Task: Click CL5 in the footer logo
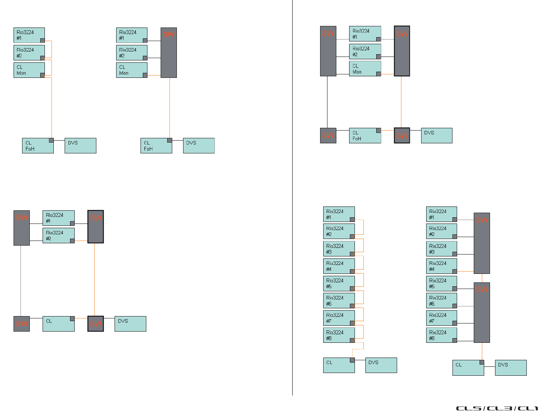469,408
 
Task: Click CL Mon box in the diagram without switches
29,70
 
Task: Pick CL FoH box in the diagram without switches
38,146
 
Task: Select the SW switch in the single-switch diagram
169,53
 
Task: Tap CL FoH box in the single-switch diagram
156,146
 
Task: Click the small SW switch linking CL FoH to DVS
402,136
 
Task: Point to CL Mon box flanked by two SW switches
365,69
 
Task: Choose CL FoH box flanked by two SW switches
365,136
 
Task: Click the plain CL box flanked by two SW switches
58,324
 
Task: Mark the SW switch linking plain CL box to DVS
96,324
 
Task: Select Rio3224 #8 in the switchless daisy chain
339,335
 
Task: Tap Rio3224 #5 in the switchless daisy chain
339,283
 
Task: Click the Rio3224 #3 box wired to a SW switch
441,249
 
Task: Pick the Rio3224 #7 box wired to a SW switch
441,318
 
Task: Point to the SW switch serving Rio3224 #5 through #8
482,313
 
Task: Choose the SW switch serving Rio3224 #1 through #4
482,243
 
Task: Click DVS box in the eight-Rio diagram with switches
511,368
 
